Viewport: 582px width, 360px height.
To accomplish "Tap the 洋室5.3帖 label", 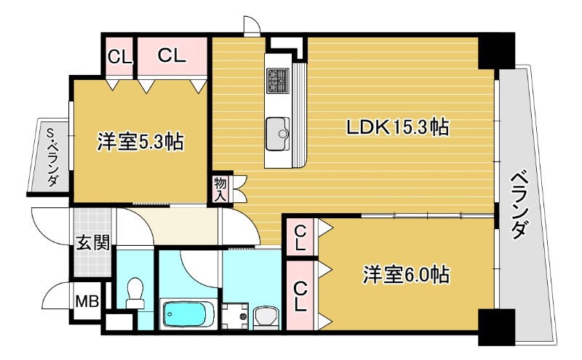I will pos(140,141).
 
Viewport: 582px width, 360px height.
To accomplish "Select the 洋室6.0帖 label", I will pos(406,275).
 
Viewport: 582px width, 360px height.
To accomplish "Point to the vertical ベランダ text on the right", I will pos(517,205).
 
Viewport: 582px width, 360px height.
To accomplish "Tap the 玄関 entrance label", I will pos(92,242).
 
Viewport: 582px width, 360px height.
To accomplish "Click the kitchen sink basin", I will pos(277,130).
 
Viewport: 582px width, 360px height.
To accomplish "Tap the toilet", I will pos(135,295).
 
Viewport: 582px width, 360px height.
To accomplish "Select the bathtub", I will pos(187,314).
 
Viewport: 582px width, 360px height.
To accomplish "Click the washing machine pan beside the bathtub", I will pos(234,317).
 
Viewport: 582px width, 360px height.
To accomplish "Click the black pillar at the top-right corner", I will pos(495,52).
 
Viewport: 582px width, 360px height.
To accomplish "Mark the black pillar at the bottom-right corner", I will pos(495,327).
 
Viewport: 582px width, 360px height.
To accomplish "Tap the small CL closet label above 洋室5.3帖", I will pos(120,55).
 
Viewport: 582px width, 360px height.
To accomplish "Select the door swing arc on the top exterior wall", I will pos(252,26).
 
